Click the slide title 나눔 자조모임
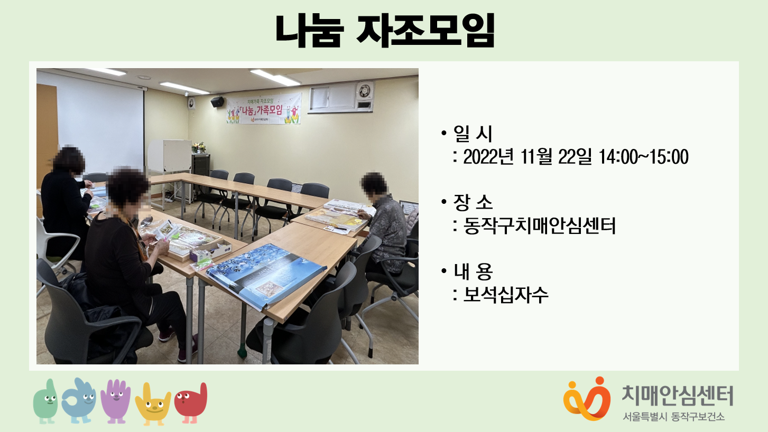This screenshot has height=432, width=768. (x=385, y=31)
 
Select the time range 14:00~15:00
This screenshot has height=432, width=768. (x=644, y=157)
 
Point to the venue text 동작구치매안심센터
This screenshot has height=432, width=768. (x=539, y=226)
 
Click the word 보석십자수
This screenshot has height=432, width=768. (x=506, y=295)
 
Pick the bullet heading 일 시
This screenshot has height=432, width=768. (x=473, y=134)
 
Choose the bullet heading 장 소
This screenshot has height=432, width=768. (x=473, y=202)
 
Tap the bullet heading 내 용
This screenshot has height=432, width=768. (x=473, y=271)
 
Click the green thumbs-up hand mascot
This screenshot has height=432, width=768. (x=45, y=401)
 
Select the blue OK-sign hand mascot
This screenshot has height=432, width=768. (x=79, y=400)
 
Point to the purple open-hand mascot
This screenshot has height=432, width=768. (x=116, y=401)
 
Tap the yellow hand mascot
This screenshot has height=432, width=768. (x=153, y=404)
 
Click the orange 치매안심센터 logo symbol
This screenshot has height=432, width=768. (x=587, y=399)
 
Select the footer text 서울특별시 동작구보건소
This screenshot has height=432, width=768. (x=674, y=417)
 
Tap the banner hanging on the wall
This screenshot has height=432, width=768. (x=264, y=109)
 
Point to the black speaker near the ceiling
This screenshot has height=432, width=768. (x=217, y=101)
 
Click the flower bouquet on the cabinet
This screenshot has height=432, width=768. (x=199, y=147)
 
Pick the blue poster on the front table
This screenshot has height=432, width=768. (x=266, y=275)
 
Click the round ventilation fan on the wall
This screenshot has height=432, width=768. (x=364, y=91)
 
